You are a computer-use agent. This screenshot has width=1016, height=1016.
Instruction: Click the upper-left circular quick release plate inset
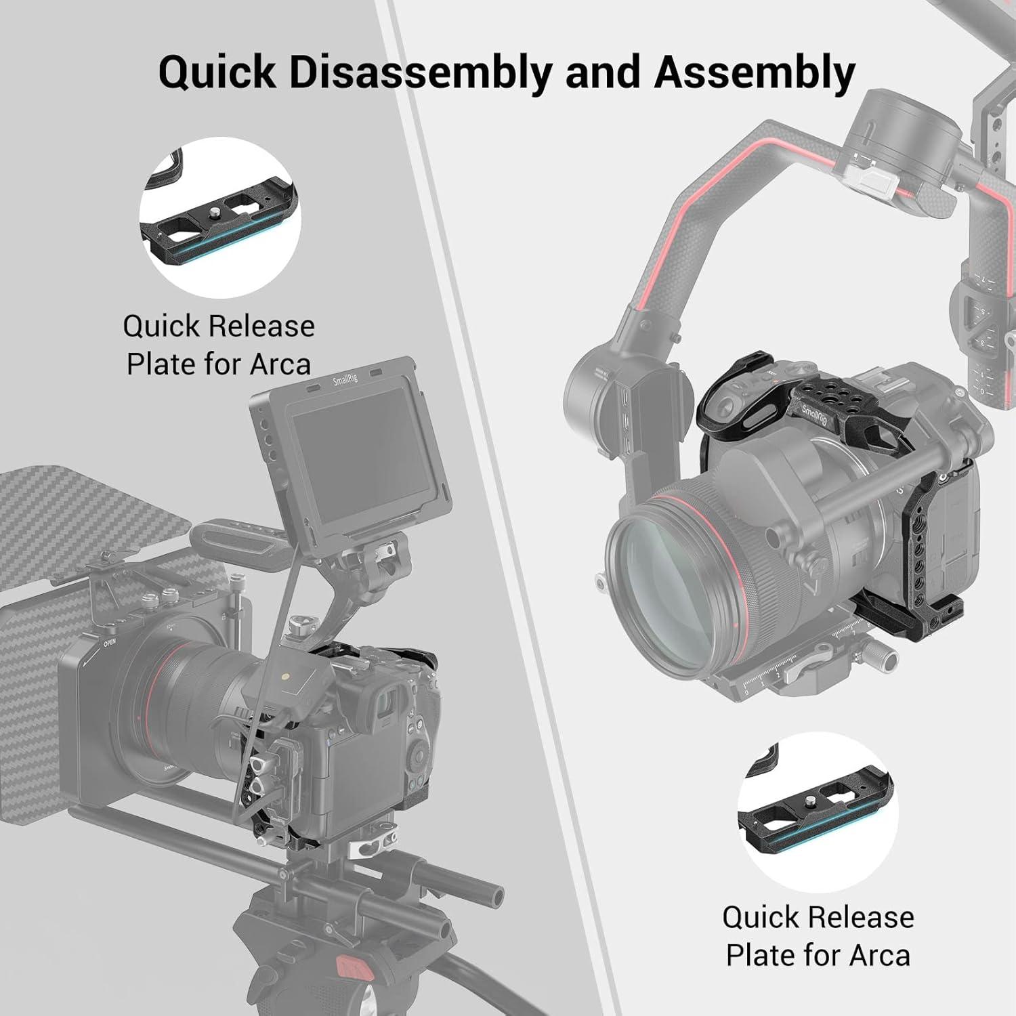220,217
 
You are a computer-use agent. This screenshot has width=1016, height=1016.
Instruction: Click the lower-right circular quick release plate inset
818,811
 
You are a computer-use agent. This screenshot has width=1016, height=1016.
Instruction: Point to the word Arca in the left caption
280,364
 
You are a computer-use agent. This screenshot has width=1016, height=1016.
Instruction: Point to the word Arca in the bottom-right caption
879,956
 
